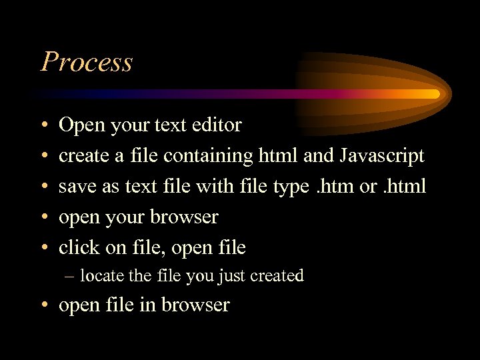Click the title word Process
click(87, 62)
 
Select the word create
click(82, 156)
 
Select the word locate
click(101, 275)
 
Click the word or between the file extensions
click(368, 187)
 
